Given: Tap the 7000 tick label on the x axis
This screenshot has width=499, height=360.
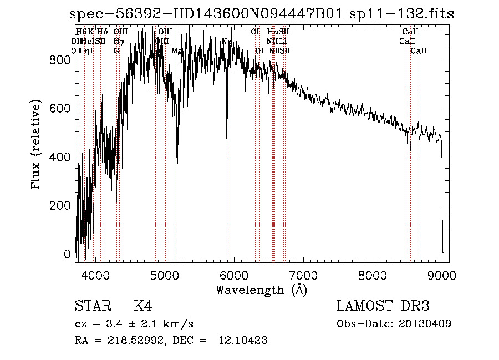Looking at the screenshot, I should [x=303, y=274].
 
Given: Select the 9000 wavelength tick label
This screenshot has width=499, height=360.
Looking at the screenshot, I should [x=442, y=274].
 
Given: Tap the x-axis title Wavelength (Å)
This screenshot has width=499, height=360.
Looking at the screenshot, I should [x=261, y=290].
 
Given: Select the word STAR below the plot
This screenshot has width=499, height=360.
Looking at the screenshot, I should [x=92, y=307].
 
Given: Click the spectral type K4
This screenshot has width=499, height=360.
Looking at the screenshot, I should [x=143, y=307].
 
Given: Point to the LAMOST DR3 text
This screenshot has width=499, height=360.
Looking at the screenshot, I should [x=383, y=307].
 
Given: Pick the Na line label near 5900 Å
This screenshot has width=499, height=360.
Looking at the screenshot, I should [x=227, y=41].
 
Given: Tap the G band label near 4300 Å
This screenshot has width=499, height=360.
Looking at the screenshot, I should [x=116, y=50].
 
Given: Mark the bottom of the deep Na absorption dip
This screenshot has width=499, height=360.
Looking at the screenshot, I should [x=227, y=147].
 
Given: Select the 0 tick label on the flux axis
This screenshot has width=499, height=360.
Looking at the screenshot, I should [x=68, y=254].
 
